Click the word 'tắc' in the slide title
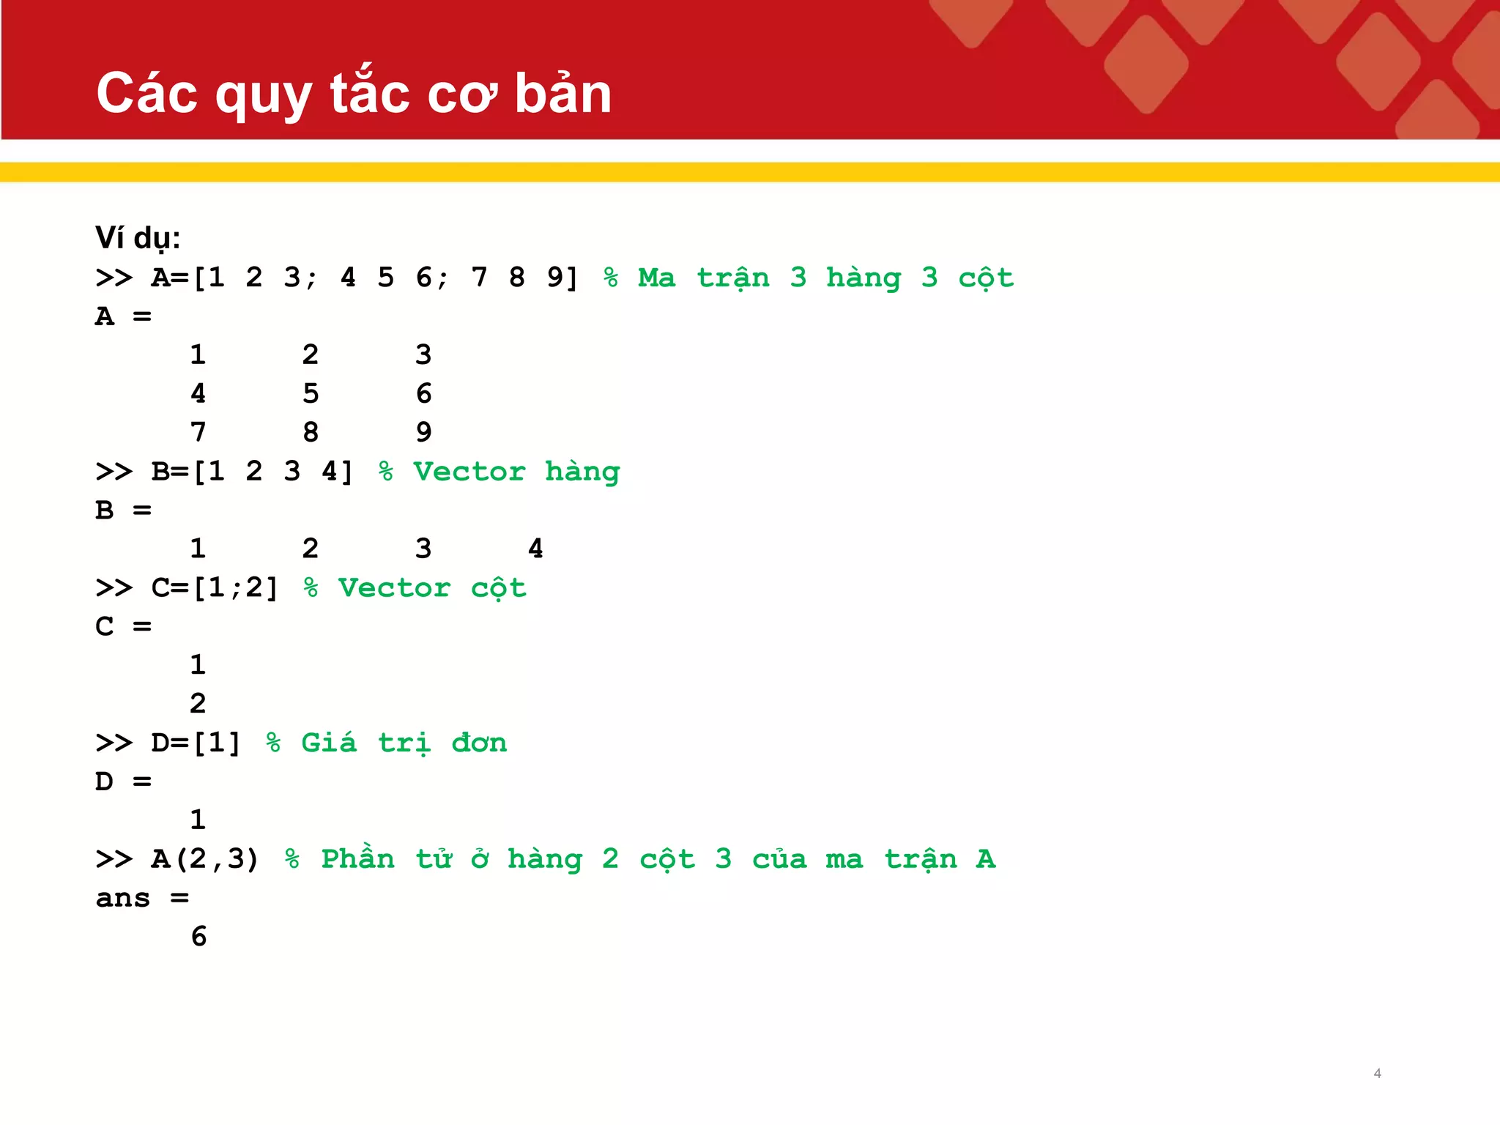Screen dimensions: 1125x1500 [370, 94]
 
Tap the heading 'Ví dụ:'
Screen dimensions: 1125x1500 [138, 238]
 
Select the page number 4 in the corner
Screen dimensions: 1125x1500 [1377, 1073]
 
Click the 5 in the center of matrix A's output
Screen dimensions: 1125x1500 [311, 394]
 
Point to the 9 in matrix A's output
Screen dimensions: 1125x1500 [423, 432]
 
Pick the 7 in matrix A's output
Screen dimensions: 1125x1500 [198, 432]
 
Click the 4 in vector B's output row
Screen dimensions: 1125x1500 [535, 549]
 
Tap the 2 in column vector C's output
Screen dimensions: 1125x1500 [198, 704]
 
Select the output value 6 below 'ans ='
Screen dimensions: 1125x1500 [198, 936]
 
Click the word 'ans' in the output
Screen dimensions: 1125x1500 [123, 898]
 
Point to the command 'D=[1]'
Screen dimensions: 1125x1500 [196, 743]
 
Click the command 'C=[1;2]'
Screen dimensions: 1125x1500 [215, 588]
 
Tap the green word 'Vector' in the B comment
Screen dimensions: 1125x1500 [469, 472]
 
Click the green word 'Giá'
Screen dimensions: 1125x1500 [329, 743]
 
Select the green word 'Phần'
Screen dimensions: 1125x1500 [357, 858]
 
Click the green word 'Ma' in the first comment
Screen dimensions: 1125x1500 [656, 278]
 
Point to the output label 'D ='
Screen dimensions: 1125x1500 [123, 781]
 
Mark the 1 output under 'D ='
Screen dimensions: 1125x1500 [198, 820]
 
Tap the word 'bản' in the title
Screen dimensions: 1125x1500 [562, 94]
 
